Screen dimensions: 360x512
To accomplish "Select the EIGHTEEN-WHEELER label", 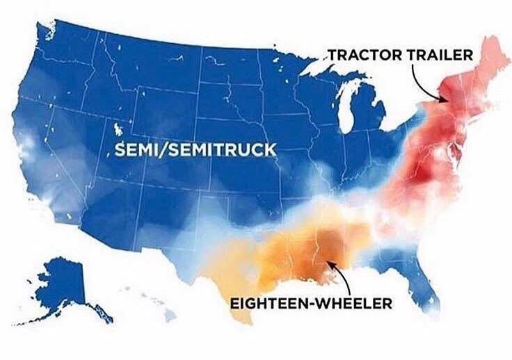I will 311,304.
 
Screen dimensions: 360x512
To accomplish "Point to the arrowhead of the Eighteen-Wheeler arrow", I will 328,263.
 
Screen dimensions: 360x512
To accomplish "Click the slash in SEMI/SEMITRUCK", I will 163,150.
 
